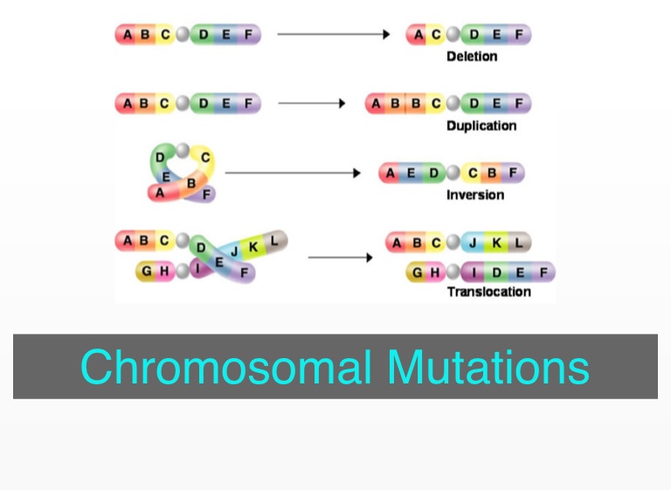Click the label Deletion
[472, 57]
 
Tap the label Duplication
[481, 126]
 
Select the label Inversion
[475, 195]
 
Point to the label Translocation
[489, 292]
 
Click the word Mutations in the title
[488, 367]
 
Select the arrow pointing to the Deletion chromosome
[333, 35]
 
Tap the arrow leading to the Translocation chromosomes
[341, 258]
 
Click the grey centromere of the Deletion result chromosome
[453, 35]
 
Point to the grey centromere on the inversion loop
[182, 149]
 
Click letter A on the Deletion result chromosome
[418, 35]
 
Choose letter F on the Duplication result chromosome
[519, 104]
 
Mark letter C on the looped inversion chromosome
[205, 158]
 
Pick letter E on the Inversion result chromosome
[412, 173]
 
